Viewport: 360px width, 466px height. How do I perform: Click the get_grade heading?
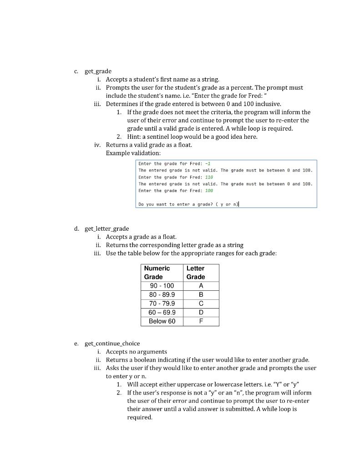98,71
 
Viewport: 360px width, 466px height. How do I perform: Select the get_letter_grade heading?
106,228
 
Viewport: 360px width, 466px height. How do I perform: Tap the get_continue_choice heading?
112,343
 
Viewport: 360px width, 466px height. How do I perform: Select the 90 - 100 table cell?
162,286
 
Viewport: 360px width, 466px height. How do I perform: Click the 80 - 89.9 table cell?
162,294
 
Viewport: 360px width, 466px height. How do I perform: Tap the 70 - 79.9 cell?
162,304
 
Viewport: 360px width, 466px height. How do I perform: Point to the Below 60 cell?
162,321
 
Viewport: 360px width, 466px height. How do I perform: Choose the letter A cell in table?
201,286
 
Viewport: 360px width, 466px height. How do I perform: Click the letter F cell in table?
201,321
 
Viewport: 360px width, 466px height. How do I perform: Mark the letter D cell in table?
201,313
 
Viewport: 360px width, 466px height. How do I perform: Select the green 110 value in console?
209,177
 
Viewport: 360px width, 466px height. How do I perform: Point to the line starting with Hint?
192,137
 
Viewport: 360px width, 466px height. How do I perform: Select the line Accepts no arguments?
136,351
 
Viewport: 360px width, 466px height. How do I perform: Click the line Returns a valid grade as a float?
149,145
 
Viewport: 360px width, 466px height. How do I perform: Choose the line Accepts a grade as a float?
141,237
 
